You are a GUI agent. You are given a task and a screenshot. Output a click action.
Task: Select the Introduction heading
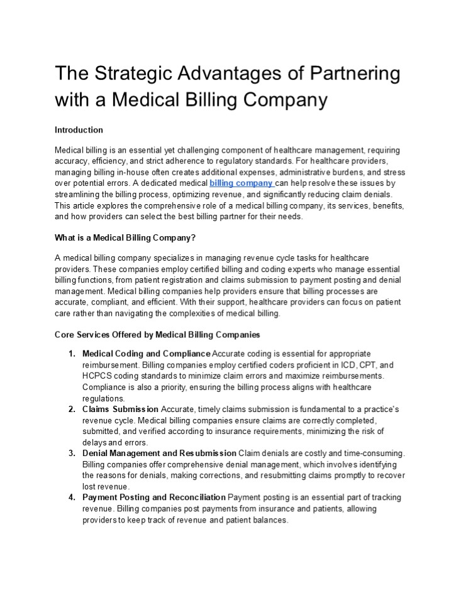click(x=79, y=130)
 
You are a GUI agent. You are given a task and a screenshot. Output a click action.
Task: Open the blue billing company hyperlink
click(x=241, y=183)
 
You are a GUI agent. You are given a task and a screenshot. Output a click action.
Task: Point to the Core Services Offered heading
click(x=157, y=335)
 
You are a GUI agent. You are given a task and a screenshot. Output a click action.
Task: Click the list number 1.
click(x=72, y=354)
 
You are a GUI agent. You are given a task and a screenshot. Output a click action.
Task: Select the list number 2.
click(x=72, y=409)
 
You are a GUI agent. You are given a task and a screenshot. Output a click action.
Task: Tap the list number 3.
click(x=72, y=453)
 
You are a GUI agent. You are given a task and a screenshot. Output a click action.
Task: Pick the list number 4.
click(x=72, y=497)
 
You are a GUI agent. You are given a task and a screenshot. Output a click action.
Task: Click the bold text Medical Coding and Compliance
click(x=147, y=354)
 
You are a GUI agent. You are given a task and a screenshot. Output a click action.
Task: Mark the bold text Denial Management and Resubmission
click(x=159, y=453)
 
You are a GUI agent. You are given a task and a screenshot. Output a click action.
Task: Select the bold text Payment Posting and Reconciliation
click(x=154, y=497)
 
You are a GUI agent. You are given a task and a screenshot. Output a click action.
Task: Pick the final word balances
click(x=269, y=521)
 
